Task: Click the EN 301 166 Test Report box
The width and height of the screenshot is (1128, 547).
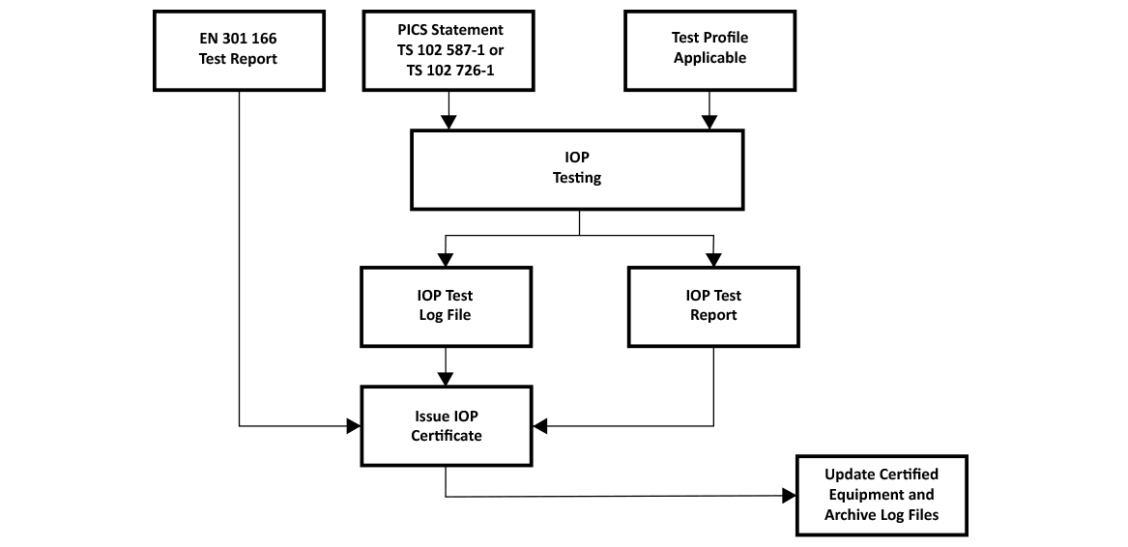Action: tap(239, 50)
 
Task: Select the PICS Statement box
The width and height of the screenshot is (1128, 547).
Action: tap(448, 50)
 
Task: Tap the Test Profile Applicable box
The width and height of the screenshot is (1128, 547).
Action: tap(710, 50)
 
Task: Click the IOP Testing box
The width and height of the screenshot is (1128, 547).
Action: tap(577, 169)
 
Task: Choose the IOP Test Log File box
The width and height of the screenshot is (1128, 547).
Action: tap(446, 306)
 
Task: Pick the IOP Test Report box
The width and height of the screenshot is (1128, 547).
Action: tap(713, 306)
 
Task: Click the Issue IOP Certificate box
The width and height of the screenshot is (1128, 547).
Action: tap(446, 426)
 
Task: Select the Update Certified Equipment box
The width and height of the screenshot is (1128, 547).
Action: tap(882, 495)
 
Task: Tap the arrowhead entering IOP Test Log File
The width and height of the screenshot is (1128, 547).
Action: tap(446, 259)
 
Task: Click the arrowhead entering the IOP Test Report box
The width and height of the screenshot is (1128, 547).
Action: tap(713, 259)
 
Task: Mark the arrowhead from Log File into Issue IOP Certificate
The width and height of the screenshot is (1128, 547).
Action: tap(446, 379)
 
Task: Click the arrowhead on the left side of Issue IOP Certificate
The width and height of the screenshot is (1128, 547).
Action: tap(353, 426)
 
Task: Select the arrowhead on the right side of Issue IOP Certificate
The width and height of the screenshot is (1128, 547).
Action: tap(539, 426)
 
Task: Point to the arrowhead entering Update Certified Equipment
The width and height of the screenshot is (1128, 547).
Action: tap(789, 495)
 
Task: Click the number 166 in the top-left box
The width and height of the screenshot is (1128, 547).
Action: tap(264, 39)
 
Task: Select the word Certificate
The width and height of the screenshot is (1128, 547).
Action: tap(446, 436)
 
